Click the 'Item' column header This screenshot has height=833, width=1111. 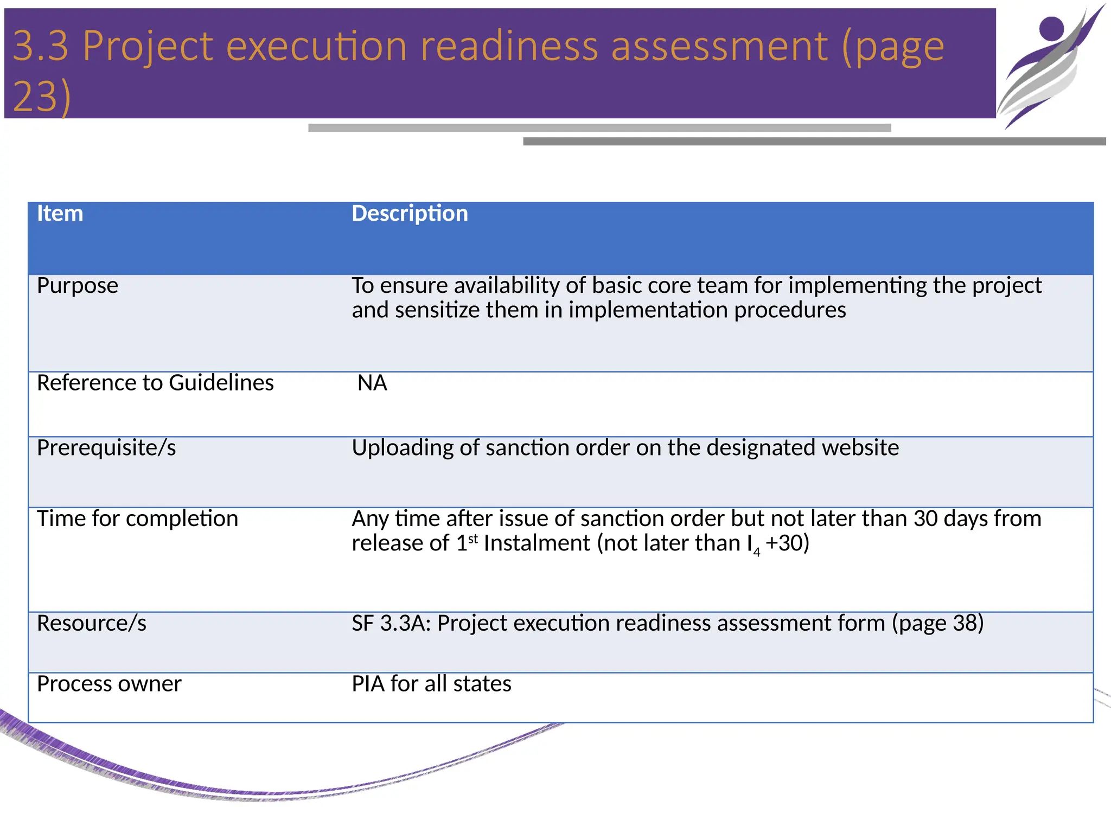[x=60, y=214]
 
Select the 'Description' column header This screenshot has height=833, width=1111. [x=410, y=214]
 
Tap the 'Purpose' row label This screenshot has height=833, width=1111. [x=78, y=286]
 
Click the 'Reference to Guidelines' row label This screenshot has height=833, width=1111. [x=155, y=383]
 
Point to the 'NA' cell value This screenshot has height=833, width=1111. [x=372, y=383]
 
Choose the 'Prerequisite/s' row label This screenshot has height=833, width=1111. [x=106, y=448]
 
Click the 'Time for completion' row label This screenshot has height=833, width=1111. [x=137, y=519]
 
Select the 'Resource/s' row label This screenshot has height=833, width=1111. [x=92, y=624]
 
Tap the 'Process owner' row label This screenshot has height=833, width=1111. [x=109, y=684]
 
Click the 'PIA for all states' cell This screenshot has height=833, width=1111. [x=431, y=684]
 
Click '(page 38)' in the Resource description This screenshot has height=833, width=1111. [x=938, y=624]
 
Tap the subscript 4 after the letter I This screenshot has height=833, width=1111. [x=757, y=553]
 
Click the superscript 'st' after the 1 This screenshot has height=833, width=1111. [x=473, y=539]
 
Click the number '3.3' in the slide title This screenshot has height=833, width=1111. [x=41, y=46]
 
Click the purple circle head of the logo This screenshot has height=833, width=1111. [x=1052, y=28]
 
